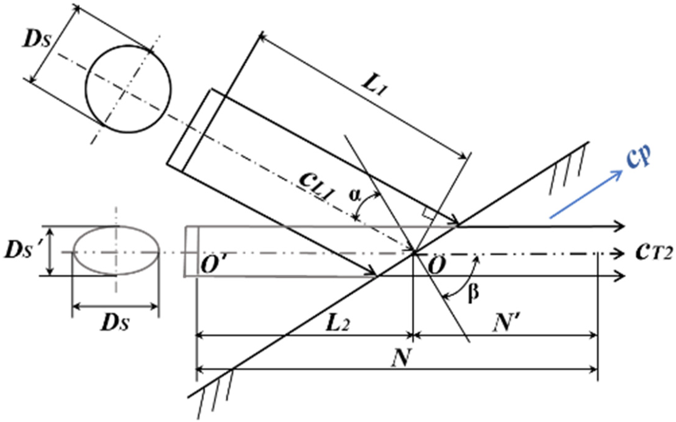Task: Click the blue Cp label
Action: click(x=638, y=157)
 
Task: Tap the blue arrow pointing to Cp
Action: click(x=586, y=194)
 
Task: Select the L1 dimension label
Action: click(x=374, y=88)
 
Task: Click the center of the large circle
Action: click(x=128, y=89)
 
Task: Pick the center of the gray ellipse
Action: click(x=116, y=251)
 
